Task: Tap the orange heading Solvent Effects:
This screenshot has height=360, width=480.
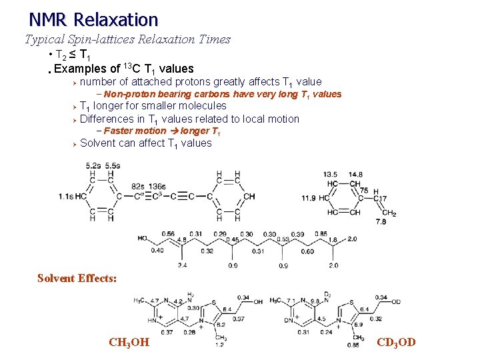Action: click(77, 278)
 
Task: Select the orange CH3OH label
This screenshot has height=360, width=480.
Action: click(129, 343)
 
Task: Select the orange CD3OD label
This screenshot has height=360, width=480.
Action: click(396, 343)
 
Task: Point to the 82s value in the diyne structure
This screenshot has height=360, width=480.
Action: click(138, 187)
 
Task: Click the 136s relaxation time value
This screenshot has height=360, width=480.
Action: click(158, 187)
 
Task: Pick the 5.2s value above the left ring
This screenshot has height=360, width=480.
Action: click(93, 165)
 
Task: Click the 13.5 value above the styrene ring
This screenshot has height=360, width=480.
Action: click(329, 175)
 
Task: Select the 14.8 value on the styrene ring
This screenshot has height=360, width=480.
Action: click(355, 175)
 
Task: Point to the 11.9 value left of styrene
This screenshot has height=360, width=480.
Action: click(309, 198)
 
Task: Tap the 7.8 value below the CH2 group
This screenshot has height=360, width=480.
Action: click(381, 221)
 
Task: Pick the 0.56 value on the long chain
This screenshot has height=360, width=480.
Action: click(168, 234)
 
